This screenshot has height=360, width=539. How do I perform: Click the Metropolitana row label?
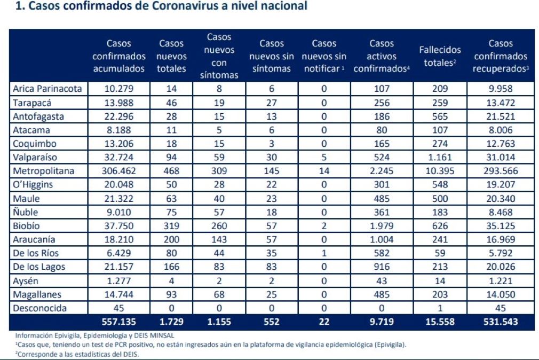pyautogui.click(x=43, y=171)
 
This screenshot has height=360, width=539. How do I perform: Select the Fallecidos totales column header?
pyautogui.click(x=440, y=56)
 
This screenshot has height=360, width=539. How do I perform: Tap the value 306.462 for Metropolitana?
pyautogui.click(x=118, y=171)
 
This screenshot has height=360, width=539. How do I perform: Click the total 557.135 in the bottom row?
pyautogui.click(x=118, y=322)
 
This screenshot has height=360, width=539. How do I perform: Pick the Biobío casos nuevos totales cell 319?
pyautogui.click(x=171, y=226)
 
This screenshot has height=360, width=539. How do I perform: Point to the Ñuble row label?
pyautogui.click(x=25, y=212)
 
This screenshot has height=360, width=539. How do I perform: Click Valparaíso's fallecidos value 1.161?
pyautogui.click(x=440, y=157)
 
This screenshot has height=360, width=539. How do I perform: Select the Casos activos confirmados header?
pyautogui.click(x=382, y=56)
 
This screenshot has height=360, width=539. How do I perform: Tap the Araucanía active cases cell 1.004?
pyautogui.click(x=382, y=239)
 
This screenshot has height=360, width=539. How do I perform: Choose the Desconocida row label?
pyautogui.click(x=39, y=308)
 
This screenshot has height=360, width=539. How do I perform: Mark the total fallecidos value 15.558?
pyautogui.click(x=440, y=322)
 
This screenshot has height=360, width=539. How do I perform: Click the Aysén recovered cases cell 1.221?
pyautogui.click(x=501, y=281)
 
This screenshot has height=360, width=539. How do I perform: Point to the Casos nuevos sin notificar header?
pyautogui.click(x=324, y=56)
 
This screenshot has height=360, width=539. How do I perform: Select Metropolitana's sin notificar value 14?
pyautogui.click(x=324, y=171)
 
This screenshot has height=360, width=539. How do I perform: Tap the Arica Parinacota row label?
pyautogui.click(x=47, y=89)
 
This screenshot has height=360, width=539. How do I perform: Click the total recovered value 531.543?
pyautogui.click(x=501, y=322)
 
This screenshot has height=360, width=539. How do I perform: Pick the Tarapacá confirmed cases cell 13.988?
pyautogui.click(x=118, y=103)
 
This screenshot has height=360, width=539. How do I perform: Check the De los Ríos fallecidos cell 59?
pyautogui.click(x=440, y=253)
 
